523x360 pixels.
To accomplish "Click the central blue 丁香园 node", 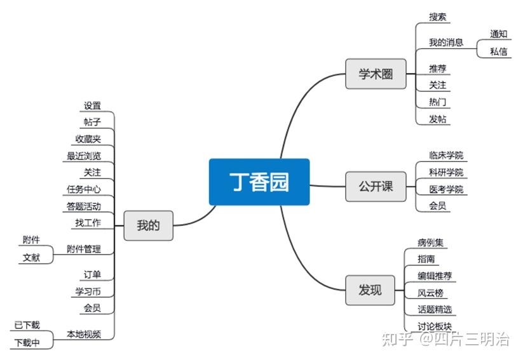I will [x=259, y=182].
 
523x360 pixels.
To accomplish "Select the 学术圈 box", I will [x=376, y=74].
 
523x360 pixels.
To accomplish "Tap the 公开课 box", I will [x=376, y=187].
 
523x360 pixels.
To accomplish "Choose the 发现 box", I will [x=370, y=290].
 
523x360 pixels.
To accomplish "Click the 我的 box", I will [x=148, y=225].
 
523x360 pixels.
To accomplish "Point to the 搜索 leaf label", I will [x=437, y=17].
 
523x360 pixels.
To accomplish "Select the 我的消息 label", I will [x=445, y=43].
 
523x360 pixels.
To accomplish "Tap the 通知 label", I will [x=498, y=34].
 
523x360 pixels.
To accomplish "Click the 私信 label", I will [x=498, y=52].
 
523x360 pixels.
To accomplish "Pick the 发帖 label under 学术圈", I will [x=437, y=119].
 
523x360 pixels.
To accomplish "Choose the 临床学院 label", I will [x=445, y=156].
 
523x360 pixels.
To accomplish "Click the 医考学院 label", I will [x=445, y=189].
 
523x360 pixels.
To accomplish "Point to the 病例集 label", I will [x=430, y=243].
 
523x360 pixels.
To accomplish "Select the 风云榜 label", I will [x=430, y=293].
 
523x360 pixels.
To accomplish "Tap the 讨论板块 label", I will [x=435, y=326].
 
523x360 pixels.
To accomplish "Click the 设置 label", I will [x=92, y=106].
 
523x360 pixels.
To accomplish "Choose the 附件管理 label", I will [x=83, y=249].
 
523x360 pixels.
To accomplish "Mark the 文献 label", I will [x=31, y=258].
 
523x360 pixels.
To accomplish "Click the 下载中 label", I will [x=27, y=343].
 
